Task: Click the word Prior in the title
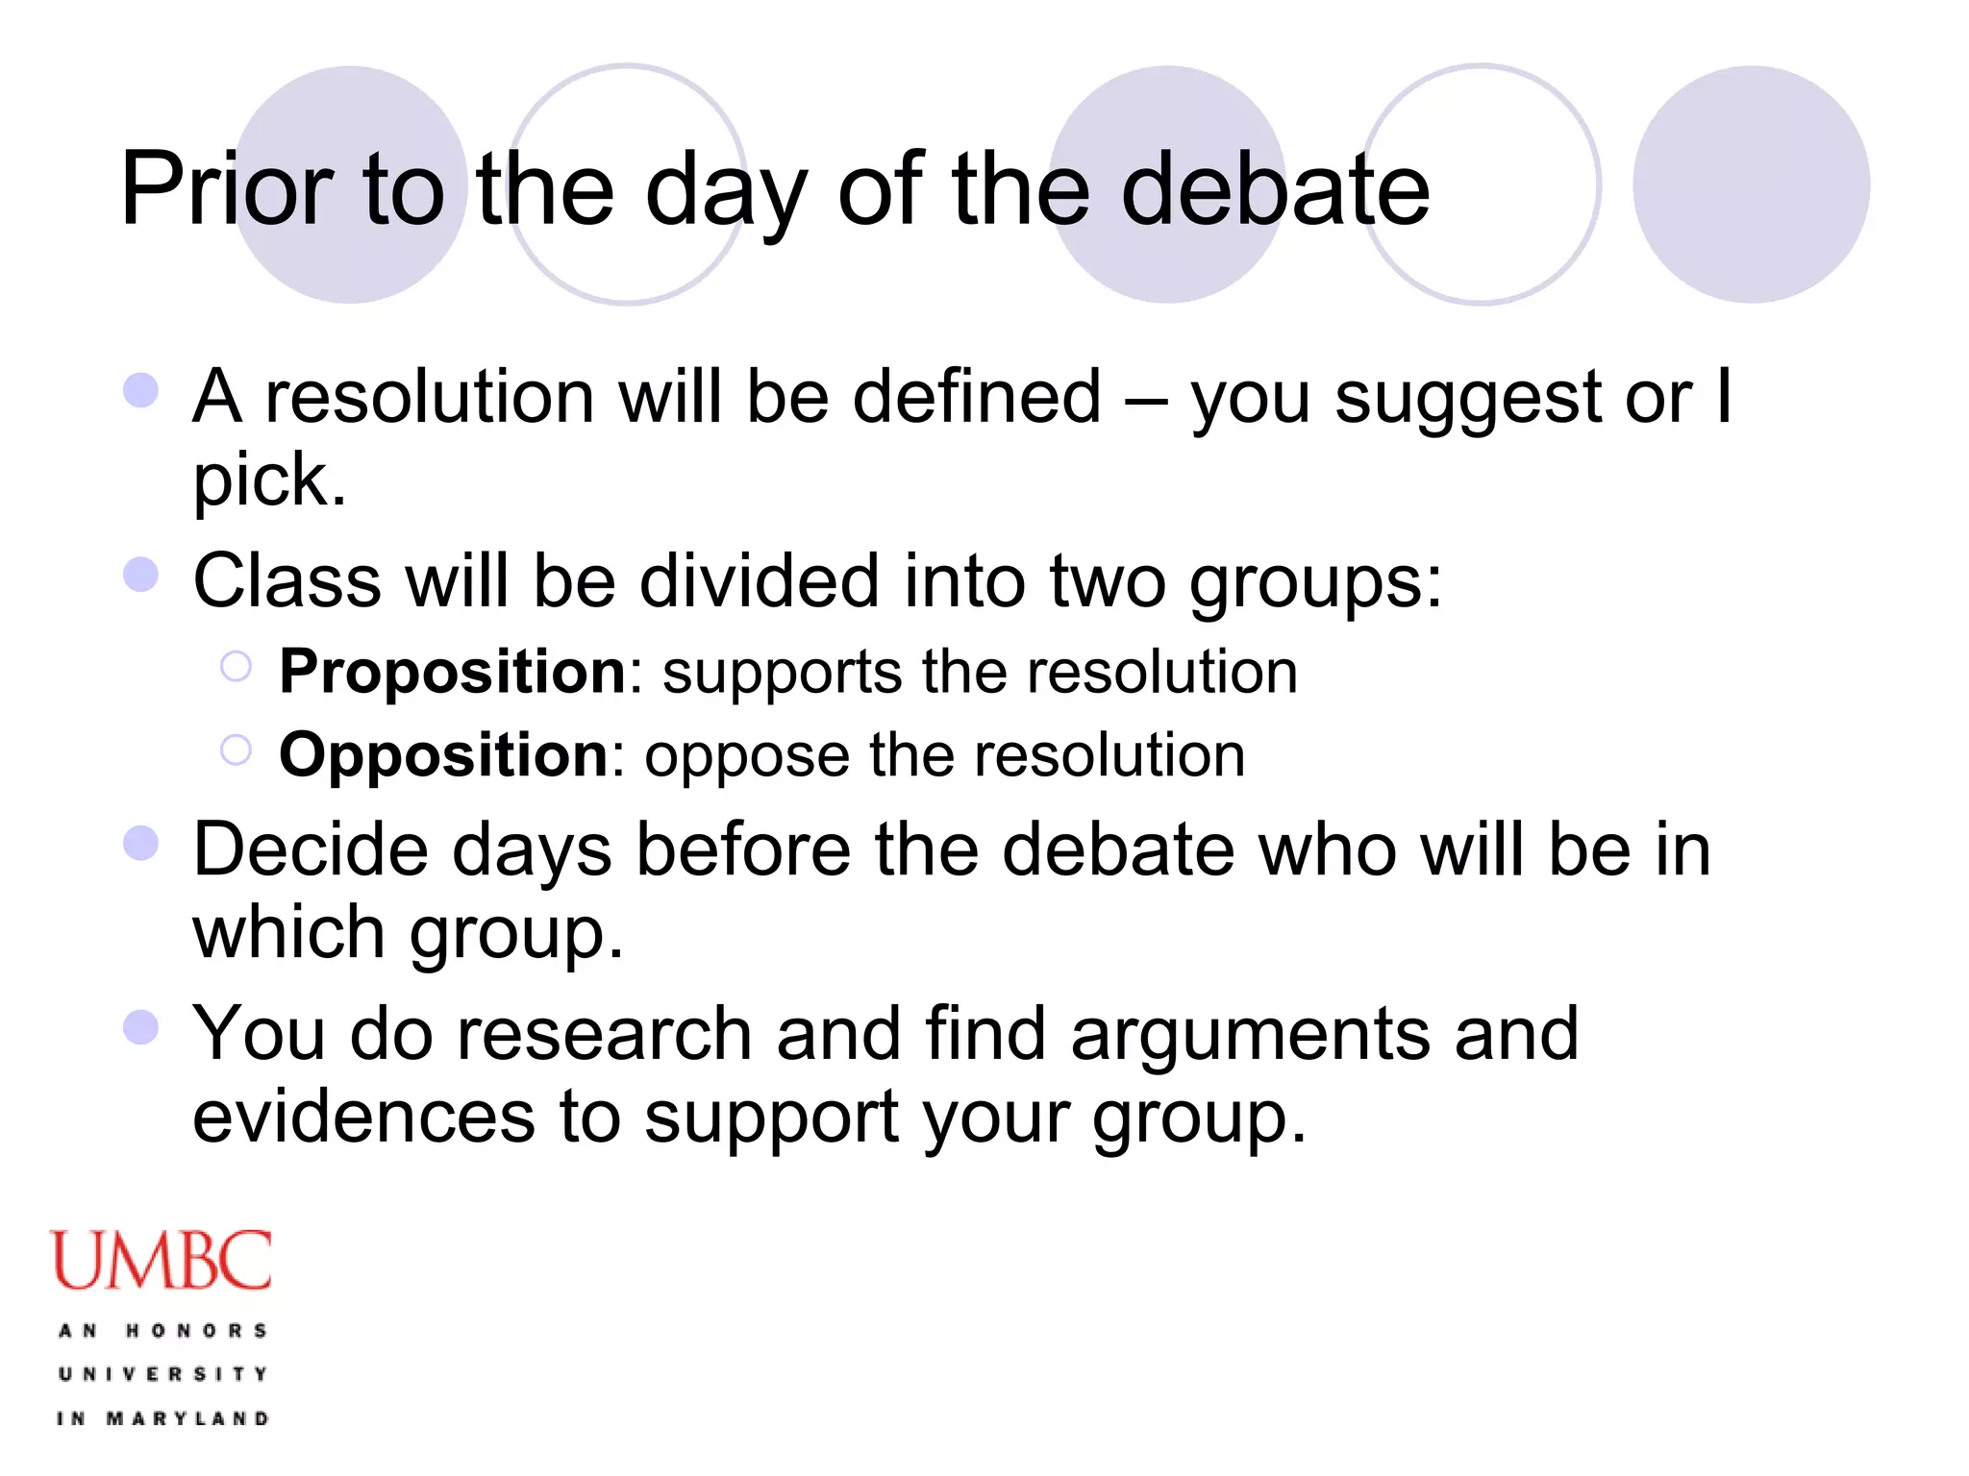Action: pyautogui.click(x=226, y=189)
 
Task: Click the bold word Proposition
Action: pyautogui.click(x=452, y=671)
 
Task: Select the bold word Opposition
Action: pyautogui.click(x=443, y=755)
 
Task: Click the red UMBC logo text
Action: pyautogui.click(x=162, y=1261)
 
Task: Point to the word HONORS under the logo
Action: pyautogui.click(x=196, y=1331)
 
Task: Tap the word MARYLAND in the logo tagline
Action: pyautogui.click(x=187, y=1418)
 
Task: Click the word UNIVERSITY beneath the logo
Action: pyautogui.click(x=162, y=1374)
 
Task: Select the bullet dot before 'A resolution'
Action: pyautogui.click(x=141, y=391)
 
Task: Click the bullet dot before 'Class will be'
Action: pyautogui.click(x=141, y=575)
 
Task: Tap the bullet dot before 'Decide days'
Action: pyautogui.click(x=141, y=844)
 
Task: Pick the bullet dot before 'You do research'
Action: pyautogui.click(x=141, y=1026)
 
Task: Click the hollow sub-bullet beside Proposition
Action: pyautogui.click(x=236, y=666)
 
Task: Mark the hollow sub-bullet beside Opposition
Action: pyautogui.click(x=236, y=750)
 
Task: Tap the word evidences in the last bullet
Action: pyautogui.click(x=363, y=1117)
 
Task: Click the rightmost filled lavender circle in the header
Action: pyautogui.click(x=1751, y=184)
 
